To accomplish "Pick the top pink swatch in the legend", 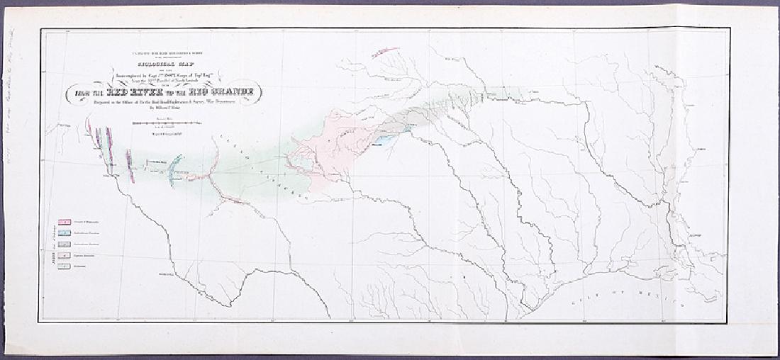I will point(64,223).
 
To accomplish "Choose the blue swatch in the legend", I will point(64,233).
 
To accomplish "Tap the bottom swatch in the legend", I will point(64,266).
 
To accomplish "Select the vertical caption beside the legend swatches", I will point(53,244).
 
